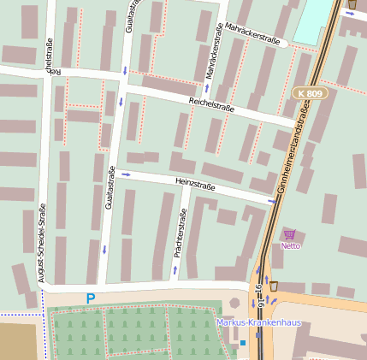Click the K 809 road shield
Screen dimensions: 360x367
310,92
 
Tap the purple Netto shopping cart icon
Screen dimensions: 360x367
290,234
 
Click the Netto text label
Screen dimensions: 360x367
291,246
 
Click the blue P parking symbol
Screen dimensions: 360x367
90,299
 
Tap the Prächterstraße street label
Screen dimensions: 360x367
181,234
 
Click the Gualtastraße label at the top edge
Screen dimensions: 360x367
129,17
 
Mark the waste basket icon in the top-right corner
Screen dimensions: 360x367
352,5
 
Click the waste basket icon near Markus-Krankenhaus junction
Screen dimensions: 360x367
274,286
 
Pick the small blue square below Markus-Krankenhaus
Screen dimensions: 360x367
242,342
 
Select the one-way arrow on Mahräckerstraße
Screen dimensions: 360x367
209,86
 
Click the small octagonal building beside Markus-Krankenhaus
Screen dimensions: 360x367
234,303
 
